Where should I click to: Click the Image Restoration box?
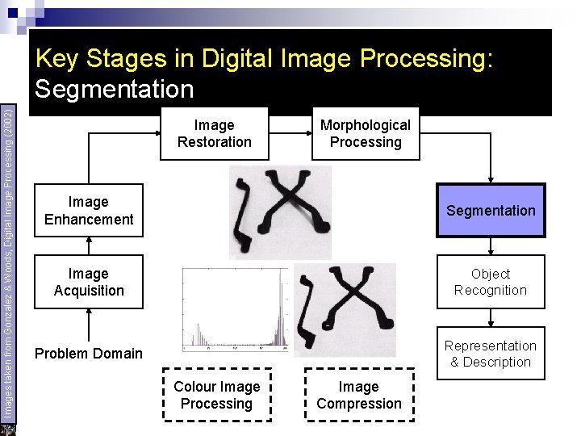[215, 134]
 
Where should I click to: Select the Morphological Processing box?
[365, 134]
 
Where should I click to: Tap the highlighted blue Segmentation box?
[491, 211]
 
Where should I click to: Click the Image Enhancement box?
[89, 211]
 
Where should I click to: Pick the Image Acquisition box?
[89, 283]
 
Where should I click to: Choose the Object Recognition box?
[491, 283]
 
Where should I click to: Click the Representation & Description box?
[491, 354]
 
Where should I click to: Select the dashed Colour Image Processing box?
[217, 396]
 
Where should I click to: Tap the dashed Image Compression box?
[359, 396]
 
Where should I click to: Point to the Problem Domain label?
[88, 353]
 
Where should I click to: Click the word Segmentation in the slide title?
[115, 88]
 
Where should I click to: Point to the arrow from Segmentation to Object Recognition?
[491, 246]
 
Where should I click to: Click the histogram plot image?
[235, 308]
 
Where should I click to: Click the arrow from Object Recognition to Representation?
[491, 317]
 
